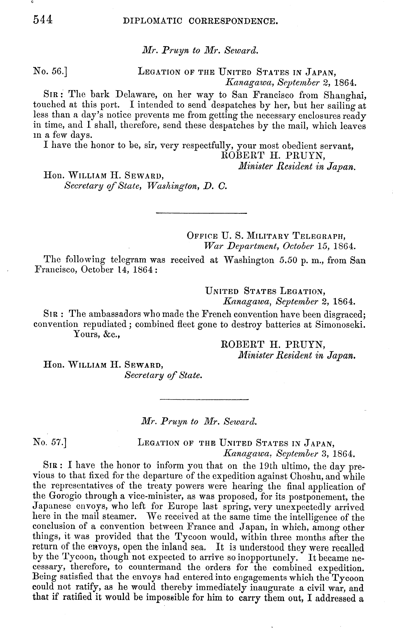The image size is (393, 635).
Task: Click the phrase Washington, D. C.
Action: click(186, 186)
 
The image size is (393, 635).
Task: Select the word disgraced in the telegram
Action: click(345, 314)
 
